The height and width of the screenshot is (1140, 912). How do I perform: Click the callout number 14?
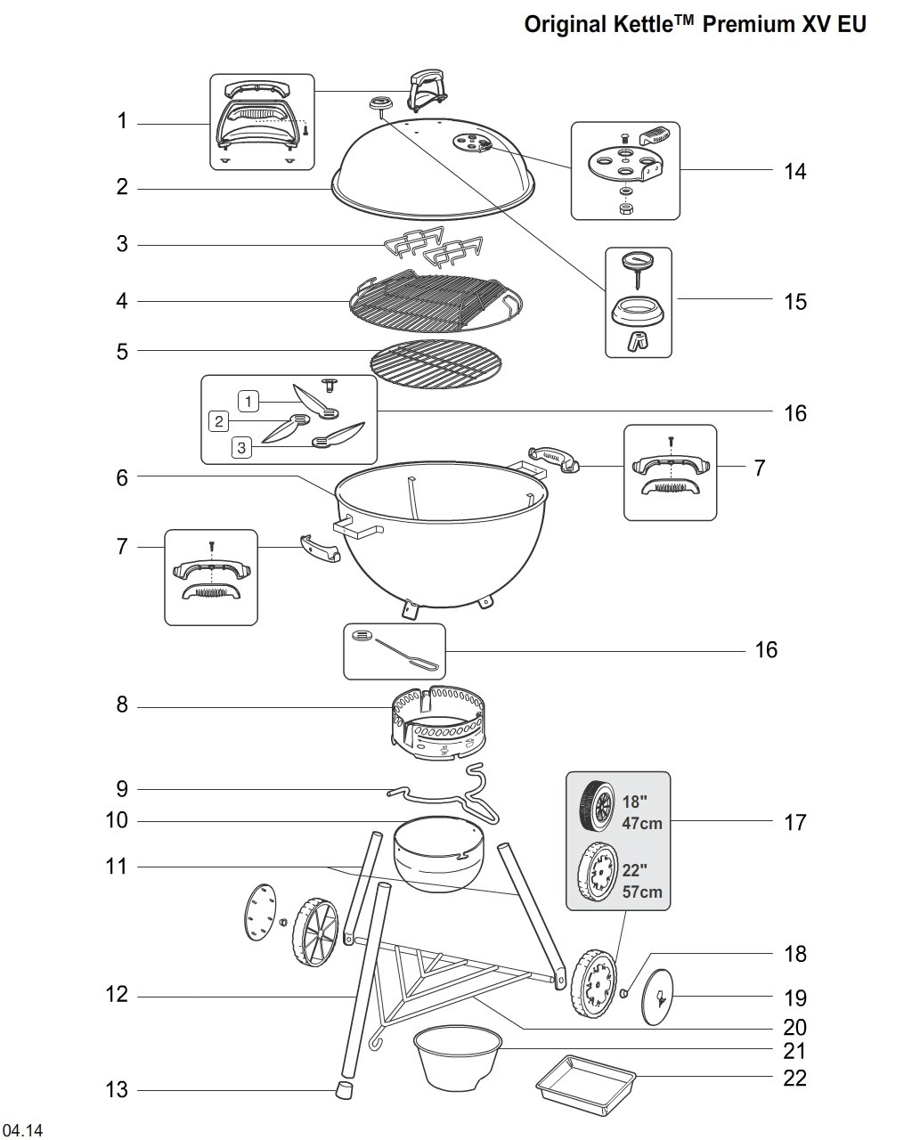pos(794,171)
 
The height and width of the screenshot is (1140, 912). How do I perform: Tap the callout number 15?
pos(794,301)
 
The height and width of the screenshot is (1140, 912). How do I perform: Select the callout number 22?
pos(794,1078)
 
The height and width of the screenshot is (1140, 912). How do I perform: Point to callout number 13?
pos(117,1089)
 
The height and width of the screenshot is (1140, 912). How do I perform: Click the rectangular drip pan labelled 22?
pos(587,1088)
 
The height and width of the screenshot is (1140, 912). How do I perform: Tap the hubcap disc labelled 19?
pos(659,997)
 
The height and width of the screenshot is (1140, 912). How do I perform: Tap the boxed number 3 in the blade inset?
pos(242,447)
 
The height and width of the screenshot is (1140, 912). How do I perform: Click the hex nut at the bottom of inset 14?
pos(625,208)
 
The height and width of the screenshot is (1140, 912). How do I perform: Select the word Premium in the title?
pos(745,24)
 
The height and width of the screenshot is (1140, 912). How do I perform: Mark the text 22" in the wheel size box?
pos(635,872)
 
